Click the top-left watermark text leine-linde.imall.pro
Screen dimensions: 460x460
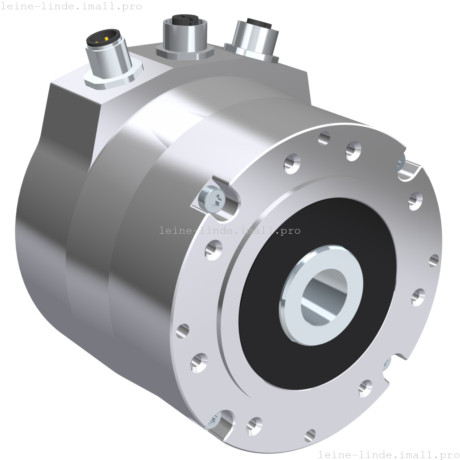tap(71, 7)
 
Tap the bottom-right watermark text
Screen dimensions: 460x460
tap(388, 455)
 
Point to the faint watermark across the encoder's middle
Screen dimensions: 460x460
tap(230, 231)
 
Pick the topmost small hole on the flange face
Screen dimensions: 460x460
tap(324, 137)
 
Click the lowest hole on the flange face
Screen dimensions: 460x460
tap(310, 435)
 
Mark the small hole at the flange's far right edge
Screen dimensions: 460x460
tap(434, 260)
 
